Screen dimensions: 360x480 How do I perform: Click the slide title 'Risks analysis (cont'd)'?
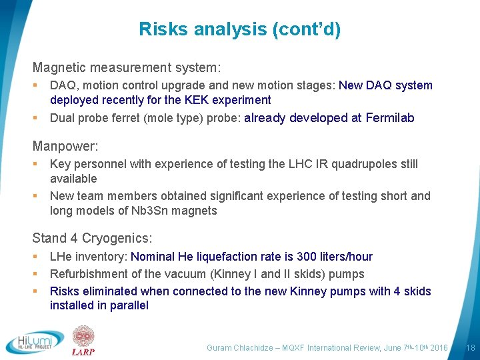pyautogui.click(x=239, y=29)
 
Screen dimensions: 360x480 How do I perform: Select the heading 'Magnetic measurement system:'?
pyautogui.click(x=127, y=68)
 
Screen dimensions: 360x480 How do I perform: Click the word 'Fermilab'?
pyautogui.click(x=390, y=118)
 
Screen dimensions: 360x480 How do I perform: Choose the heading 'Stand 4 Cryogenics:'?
pyautogui.click(x=92, y=238)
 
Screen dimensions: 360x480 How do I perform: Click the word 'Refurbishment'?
pyautogui.click(x=87, y=274)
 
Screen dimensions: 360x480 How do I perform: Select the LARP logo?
pyautogui.click(x=84, y=341)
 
